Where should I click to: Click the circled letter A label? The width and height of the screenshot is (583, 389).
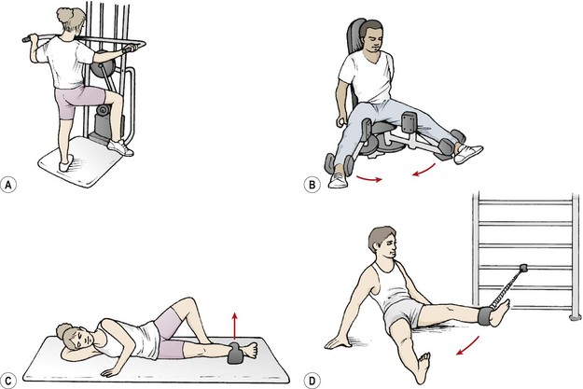pos(8,185)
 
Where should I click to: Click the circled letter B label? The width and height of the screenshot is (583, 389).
pos(312,185)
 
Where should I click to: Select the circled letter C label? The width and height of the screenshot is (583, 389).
pos(8,381)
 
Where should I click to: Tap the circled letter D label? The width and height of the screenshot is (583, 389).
pos(312,381)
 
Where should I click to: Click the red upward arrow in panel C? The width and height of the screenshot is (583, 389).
pos(234,326)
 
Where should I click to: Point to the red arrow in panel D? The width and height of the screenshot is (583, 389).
pos(467,346)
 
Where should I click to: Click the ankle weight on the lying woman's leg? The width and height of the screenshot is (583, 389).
pos(235,353)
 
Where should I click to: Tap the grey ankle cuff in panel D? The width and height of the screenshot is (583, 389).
pos(485,315)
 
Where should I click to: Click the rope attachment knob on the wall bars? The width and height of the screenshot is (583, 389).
pos(523,268)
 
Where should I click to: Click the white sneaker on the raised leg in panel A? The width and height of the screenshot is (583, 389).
pos(120,147)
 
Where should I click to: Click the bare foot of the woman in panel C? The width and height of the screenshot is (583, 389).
pos(250,350)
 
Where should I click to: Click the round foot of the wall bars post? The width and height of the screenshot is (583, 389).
pos(576,317)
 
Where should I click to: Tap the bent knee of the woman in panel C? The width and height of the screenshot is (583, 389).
pos(187,304)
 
